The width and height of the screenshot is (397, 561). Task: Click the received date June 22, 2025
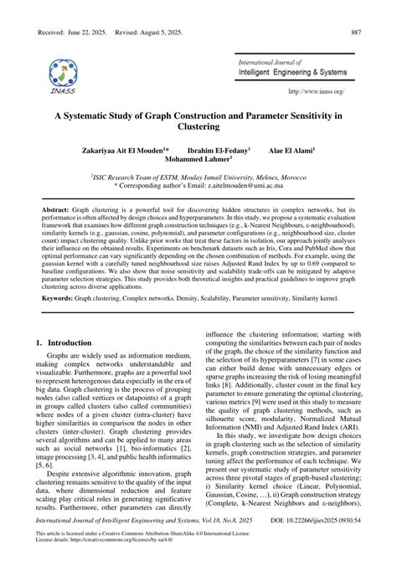coord(84,9)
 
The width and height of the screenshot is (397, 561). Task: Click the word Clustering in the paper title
coord(198,127)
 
